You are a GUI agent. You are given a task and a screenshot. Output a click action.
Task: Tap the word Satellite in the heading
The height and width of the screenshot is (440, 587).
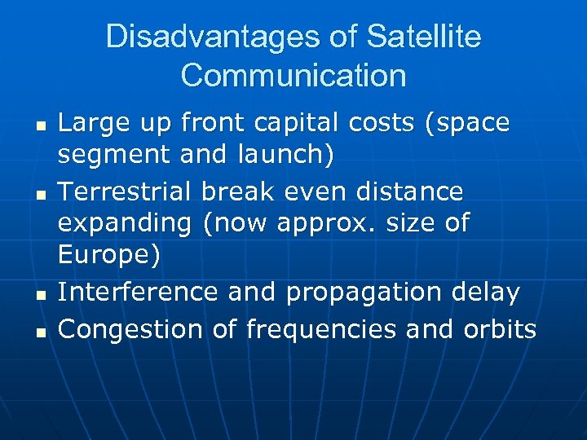point(424,37)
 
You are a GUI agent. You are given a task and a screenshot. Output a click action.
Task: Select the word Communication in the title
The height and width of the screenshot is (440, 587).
point(293,75)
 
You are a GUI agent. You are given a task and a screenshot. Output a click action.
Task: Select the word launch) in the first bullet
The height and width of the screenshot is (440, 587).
point(286,153)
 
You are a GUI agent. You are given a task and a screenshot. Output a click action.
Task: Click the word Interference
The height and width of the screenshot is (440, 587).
point(139,291)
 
